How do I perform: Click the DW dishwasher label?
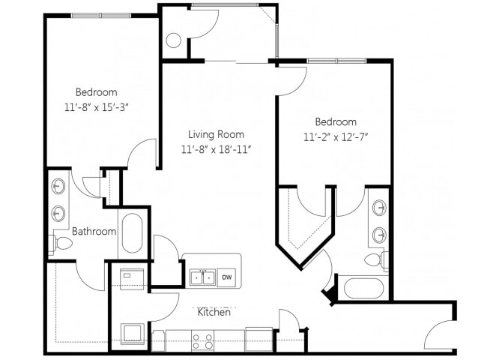pos(227,277)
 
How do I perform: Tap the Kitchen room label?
pos(214,312)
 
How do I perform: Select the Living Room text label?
pos(216,134)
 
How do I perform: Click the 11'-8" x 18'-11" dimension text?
pos(216,149)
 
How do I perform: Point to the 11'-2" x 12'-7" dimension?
pos(335,137)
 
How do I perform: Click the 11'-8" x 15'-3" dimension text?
pos(97,107)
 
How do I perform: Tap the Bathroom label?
pos(94,231)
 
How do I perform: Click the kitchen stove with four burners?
pos(202,340)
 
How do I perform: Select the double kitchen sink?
pos(202,277)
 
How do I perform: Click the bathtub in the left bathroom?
pos(132,233)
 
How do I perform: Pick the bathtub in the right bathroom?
pos(363,288)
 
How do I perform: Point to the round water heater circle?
pos(174,40)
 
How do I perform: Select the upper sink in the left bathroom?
pos(58,186)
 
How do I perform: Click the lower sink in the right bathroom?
pos(380,235)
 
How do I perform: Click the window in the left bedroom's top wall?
pos(101,16)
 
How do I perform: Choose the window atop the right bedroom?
pos(336,61)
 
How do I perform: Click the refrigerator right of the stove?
pos(258,339)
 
